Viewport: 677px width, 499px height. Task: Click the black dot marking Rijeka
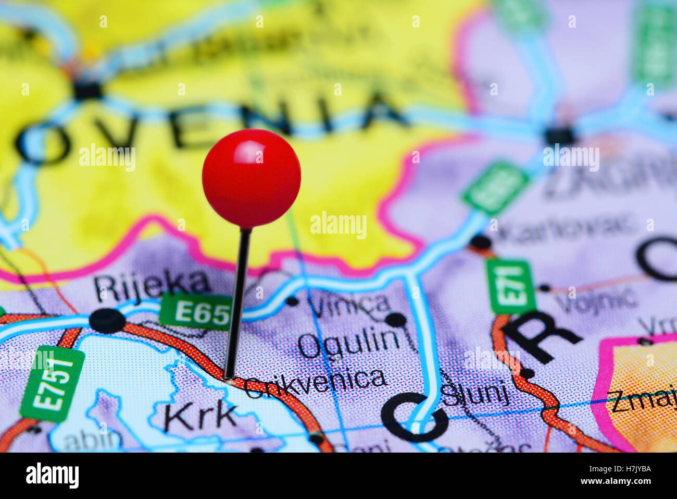(x=107, y=321)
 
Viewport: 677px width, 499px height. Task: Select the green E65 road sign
(x=196, y=312)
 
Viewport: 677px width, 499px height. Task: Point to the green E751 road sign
(x=53, y=383)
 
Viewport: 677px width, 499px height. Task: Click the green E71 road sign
(x=510, y=286)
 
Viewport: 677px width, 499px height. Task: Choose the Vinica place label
(x=348, y=303)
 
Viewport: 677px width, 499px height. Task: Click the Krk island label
(x=200, y=416)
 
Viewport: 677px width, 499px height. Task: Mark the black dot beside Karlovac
(x=480, y=242)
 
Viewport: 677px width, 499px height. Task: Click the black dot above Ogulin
(x=396, y=320)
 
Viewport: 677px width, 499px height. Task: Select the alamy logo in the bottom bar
(x=52, y=476)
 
